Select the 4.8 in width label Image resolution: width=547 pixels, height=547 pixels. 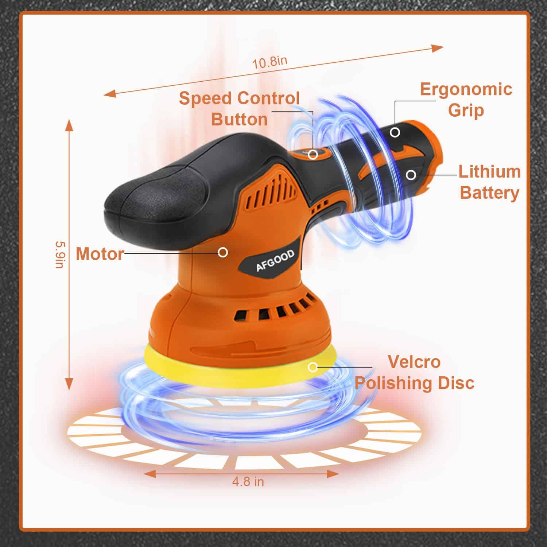(248, 481)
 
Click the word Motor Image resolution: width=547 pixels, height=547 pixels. (100, 254)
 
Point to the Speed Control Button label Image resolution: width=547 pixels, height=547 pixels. (240, 109)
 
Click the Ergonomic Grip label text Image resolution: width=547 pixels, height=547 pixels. (466, 100)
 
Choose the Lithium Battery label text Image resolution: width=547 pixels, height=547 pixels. (489, 182)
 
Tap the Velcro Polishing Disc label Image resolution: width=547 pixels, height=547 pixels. (415, 372)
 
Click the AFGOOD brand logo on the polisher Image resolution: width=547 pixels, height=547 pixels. (275, 261)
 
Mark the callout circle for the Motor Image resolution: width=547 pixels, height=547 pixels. (223, 252)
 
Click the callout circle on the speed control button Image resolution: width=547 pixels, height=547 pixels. (313, 155)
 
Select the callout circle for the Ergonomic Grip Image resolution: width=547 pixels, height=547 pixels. (395, 132)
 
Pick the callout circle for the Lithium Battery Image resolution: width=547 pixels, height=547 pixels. (411, 175)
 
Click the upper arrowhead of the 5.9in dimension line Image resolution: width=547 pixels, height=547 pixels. (69, 125)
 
